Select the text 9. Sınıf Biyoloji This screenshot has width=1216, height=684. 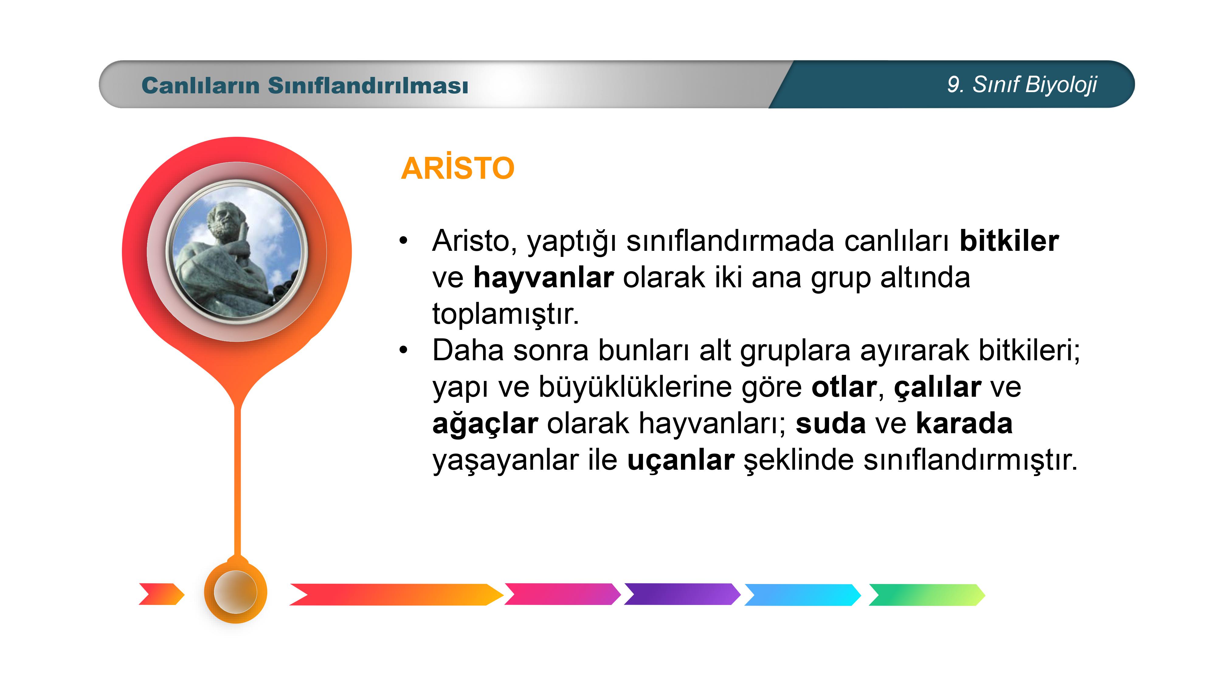[x=1022, y=85]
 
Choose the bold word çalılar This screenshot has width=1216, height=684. [x=938, y=388]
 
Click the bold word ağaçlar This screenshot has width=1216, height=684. [x=485, y=424]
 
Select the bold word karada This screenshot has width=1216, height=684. [x=964, y=423]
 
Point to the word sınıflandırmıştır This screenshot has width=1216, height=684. [x=971, y=460]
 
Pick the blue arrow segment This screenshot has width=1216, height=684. [x=803, y=594]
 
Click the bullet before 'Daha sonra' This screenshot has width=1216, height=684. [x=403, y=350]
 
